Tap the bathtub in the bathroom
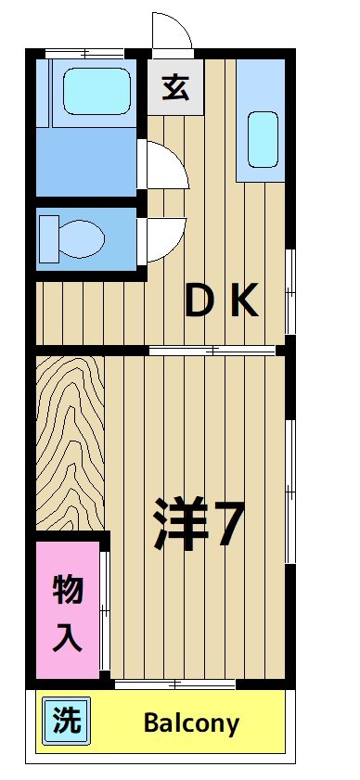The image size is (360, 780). (x=96, y=90)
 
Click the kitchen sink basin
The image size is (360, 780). (x=264, y=137)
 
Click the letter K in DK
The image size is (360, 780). (x=243, y=301)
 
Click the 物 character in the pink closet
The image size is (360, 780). (x=67, y=589)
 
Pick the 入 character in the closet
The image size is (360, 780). (x=67, y=639)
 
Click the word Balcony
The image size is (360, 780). (x=191, y=723)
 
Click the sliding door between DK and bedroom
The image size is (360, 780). (x=213, y=350)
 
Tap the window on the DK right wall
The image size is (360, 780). (x=289, y=290)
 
